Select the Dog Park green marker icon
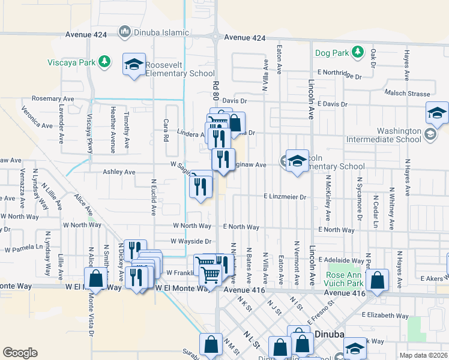(x=357, y=52)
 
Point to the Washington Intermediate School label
(x=391, y=135)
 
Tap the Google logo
(x=20, y=353)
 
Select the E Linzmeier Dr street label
(x=285, y=196)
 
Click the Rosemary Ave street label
(x=53, y=98)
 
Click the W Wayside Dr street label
(x=191, y=241)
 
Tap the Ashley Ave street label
(x=119, y=172)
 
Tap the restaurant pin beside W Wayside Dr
(x=135, y=250)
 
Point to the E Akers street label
(x=434, y=278)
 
